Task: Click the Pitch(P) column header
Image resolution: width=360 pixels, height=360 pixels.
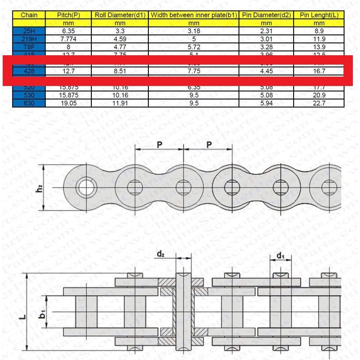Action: (69, 15)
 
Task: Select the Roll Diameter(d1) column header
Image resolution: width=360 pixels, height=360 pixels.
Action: (120, 15)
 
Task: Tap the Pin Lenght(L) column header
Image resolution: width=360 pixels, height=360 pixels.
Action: (319, 15)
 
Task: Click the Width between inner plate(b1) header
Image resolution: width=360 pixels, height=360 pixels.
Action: (194, 15)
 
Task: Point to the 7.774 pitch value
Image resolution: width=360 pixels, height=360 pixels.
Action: (69, 39)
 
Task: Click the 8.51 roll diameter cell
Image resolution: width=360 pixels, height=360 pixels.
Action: (120, 71)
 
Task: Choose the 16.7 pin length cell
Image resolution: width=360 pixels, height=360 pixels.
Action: (319, 71)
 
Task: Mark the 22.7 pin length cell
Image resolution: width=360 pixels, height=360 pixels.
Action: (319, 103)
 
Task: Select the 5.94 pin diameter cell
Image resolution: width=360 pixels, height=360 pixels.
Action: (266, 103)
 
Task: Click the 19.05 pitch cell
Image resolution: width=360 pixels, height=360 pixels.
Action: (69, 103)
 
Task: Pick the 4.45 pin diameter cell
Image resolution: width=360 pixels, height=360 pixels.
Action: (266, 71)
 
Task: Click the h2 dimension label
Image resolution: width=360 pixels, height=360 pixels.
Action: (40, 188)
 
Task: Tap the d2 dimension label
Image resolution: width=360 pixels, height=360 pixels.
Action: (160, 254)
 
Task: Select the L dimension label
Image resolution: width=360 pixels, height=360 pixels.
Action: (22, 318)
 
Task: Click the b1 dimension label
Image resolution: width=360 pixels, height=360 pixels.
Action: (41, 315)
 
